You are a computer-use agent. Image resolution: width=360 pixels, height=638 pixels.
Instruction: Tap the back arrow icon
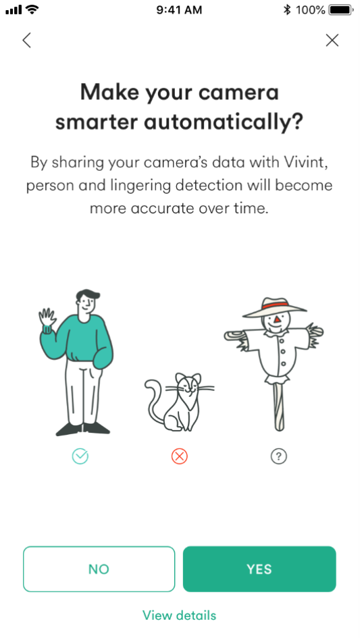[27, 41]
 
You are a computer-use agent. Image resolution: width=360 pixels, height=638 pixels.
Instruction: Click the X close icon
[332, 41]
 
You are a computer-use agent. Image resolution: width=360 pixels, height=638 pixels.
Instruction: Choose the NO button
[99, 569]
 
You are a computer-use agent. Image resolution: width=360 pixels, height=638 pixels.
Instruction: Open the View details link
[179, 615]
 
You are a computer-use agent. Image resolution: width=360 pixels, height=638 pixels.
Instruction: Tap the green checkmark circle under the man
[80, 456]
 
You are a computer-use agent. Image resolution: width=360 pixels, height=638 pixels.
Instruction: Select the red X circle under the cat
[180, 456]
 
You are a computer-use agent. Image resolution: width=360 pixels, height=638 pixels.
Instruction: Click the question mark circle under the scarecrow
[279, 456]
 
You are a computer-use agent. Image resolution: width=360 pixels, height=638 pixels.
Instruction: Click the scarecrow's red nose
[278, 319]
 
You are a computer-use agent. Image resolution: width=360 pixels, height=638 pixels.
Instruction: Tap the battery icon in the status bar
[341, 9]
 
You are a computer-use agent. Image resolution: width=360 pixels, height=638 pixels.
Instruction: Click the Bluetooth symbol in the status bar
[287, 9]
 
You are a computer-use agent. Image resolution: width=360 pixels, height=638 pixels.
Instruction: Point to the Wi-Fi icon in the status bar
[31, 9]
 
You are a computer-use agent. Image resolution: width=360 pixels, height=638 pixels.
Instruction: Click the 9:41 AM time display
[179, 10]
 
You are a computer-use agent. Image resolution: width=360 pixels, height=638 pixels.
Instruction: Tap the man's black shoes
[83, 429]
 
